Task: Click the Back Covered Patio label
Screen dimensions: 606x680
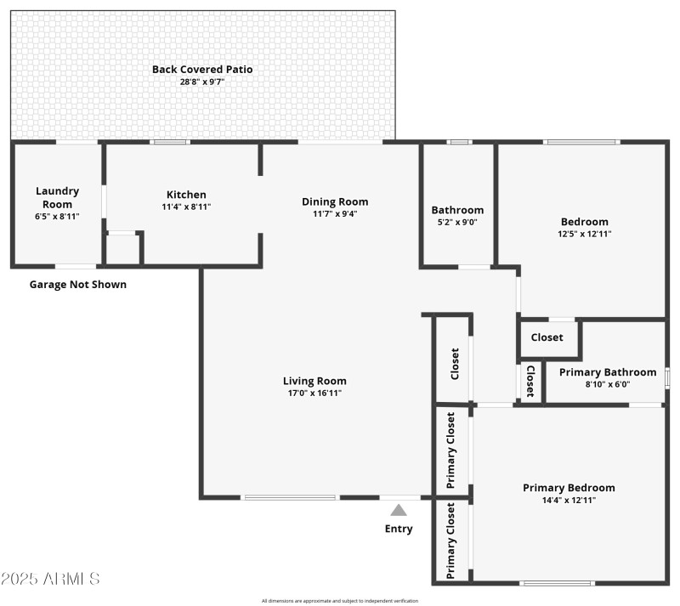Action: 202,69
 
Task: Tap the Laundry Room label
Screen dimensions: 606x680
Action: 57,197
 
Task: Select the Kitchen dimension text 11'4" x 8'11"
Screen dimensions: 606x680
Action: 186,207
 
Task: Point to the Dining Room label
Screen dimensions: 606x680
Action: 335,201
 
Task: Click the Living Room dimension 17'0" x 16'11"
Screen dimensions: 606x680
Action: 314,393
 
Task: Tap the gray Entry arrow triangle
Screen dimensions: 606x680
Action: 399,511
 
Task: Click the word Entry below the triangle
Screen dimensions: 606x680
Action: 399,529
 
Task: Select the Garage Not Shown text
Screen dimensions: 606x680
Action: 78,284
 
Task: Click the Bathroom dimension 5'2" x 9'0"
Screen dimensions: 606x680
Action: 457,222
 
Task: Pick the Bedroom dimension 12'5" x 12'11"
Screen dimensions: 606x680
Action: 584,234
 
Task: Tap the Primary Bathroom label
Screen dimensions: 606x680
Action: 607,371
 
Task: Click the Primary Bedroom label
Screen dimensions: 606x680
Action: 569,488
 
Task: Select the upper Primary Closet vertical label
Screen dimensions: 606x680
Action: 450,450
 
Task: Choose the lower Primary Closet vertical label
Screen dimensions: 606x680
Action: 450,541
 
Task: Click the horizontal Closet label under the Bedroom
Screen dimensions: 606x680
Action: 547,337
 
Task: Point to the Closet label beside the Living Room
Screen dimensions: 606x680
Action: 454,363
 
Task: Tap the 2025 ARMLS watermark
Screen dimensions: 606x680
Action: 51,579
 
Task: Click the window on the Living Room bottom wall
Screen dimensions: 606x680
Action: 290,497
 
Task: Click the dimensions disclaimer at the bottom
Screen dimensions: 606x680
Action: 340,601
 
